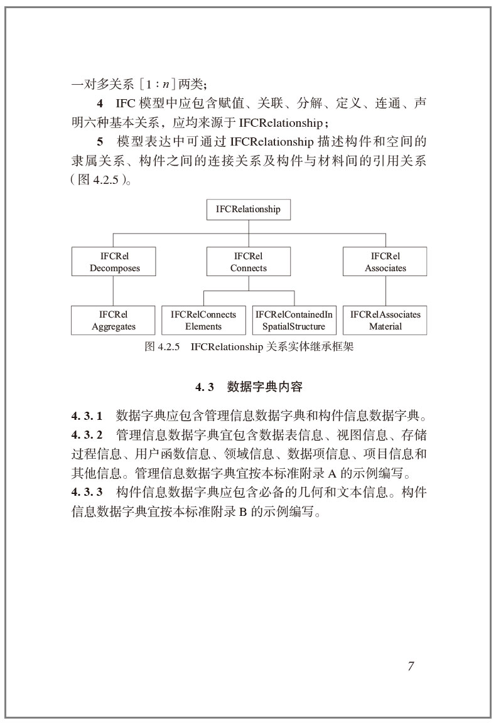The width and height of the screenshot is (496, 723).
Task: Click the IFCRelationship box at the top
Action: [248, 210]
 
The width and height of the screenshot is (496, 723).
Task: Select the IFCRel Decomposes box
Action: [114, 262]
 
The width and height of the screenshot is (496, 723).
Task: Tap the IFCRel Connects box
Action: [248, 262]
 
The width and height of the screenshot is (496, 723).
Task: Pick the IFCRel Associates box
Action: [385, 262]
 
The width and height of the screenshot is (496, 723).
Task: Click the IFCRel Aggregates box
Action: [114, 320]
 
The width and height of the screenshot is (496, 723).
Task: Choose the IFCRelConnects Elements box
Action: [203, 320]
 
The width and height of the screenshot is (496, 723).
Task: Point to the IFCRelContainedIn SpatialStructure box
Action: [293, 320]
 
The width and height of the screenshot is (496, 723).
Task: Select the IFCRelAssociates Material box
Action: [385, 320]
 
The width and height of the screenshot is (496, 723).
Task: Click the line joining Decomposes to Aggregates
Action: [114, 291]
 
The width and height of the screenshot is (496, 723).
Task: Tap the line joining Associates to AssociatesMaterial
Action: [385, 291]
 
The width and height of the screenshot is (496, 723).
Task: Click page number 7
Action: [411, 667]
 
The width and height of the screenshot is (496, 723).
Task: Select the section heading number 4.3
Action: [205, 387]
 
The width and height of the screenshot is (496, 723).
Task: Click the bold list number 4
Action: [100, 102]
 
